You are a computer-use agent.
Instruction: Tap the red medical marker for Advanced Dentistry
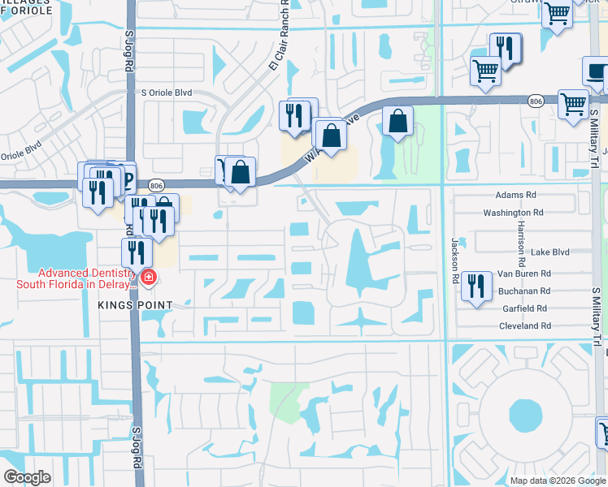[149, 278]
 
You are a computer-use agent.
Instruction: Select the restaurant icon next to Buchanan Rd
[477, 287]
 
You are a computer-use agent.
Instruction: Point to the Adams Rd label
[516, 196]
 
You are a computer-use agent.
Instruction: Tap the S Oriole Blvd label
[167, 93]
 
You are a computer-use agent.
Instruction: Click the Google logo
[27, 477]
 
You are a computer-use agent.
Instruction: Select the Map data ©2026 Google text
[558, 481]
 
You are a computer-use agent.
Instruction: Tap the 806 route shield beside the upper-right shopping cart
[535, 101]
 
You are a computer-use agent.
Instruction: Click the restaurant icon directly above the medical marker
[137, 252]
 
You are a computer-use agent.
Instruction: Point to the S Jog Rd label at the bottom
[136, 448]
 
